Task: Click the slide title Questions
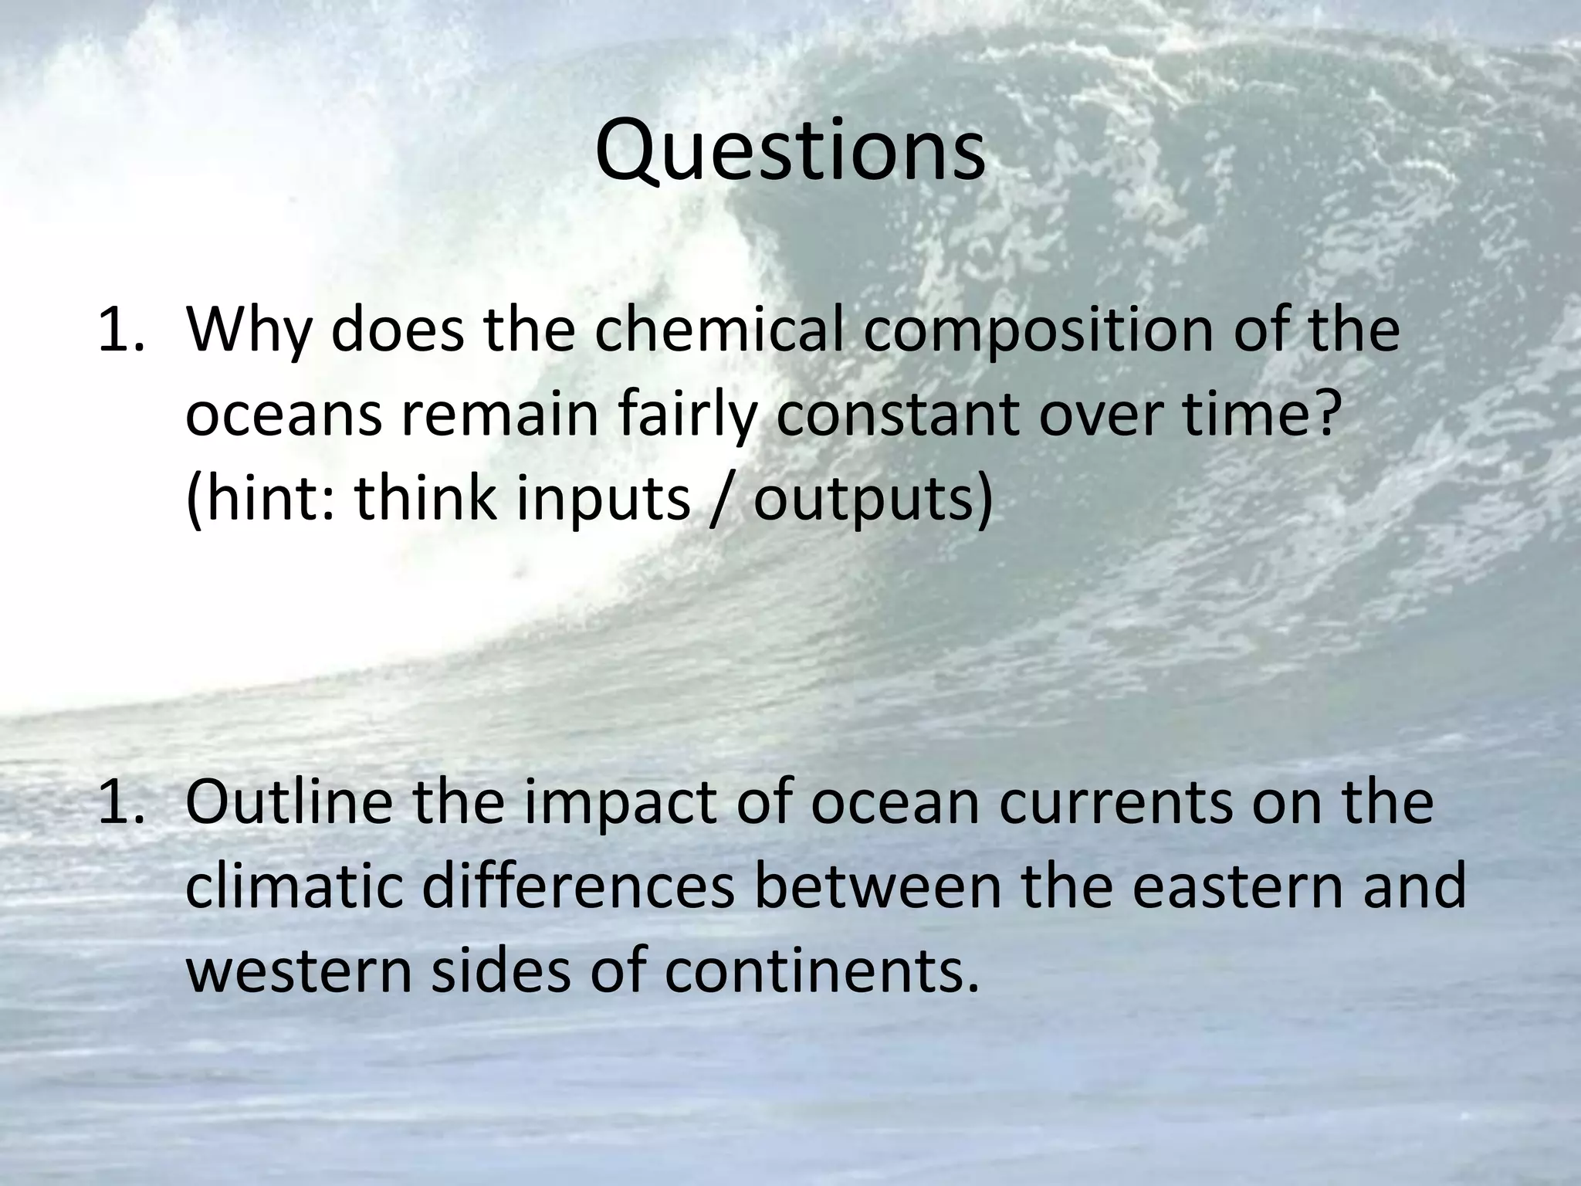pyautogui.click(x=790, y=152)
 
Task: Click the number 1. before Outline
pyautogui.click(x=120, y=804)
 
